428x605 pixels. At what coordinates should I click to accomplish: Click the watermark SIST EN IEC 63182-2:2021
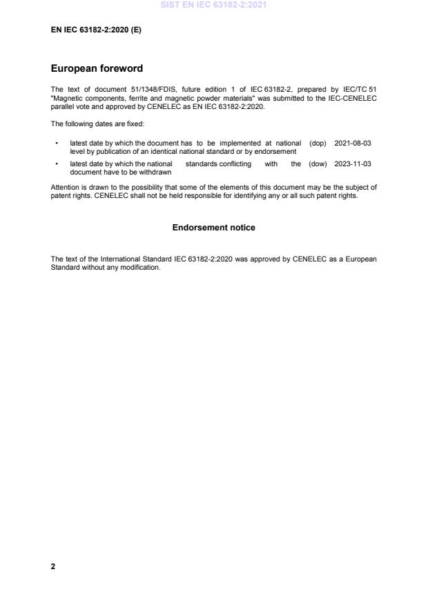click(213, 5)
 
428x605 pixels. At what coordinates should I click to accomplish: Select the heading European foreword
click(97, 69)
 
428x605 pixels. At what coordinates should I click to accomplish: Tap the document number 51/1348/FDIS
click(133, 90)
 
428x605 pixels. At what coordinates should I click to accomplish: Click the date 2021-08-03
click(353, 143)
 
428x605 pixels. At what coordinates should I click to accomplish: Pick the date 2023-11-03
click(353, 164)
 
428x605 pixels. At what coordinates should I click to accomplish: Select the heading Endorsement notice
click(213, 228)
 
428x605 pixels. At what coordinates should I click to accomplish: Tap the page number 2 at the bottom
click(53, 566)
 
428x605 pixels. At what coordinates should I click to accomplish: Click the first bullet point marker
click(55, 143)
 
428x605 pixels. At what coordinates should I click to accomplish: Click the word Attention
click(65, 187)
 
